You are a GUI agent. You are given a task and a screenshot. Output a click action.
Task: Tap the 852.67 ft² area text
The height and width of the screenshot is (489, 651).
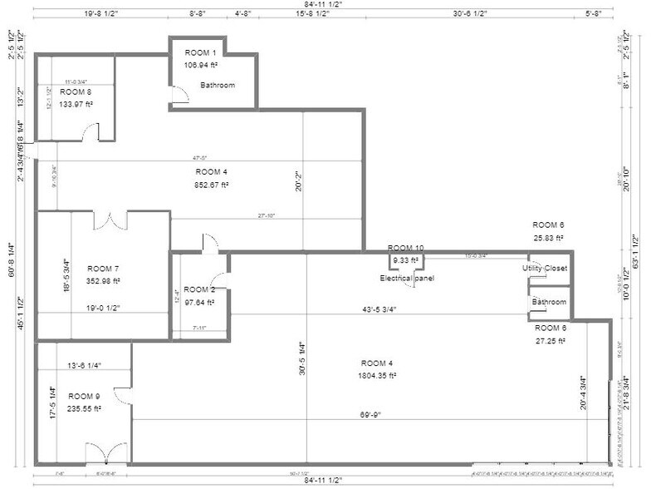(x=212, y=185)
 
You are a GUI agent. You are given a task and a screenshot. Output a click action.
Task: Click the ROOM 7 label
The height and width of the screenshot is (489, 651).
(x=104, y=269)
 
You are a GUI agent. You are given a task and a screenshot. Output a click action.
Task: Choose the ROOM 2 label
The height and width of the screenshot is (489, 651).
(x=199, y=289)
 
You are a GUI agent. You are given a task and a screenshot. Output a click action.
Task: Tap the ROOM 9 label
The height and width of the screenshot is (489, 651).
(x=84, y=397)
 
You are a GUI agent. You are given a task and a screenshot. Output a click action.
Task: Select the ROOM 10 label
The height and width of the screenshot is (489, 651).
(x=405, y=248)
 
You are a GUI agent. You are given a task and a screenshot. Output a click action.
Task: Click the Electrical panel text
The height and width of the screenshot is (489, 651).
(x=407, y=278)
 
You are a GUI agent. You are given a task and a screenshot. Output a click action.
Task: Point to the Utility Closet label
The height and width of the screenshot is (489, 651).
(x=545, y=269)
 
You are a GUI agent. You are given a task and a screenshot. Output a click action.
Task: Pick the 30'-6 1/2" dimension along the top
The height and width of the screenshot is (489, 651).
(x=470, y=13)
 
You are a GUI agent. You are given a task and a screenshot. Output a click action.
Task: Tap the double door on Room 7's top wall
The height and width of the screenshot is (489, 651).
(x=110, y=220)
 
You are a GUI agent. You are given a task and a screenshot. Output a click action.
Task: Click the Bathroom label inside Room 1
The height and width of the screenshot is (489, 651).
(x=218, y=85)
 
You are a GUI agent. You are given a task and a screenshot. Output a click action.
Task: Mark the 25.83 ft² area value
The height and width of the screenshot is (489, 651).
(x=548, y=237)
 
